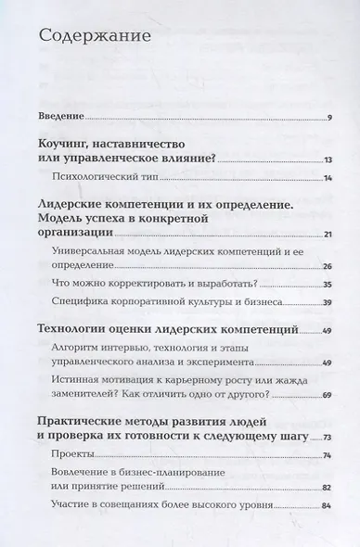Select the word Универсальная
click(x=103, y=253)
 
